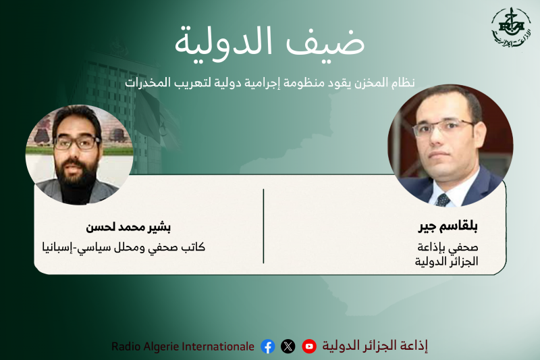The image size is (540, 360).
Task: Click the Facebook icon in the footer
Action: click(x=268, y=346)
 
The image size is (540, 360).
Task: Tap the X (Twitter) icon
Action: click(x=288, y=346)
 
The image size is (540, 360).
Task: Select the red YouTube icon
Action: click(x=309, y=346)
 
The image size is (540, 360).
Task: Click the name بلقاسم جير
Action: click(x=448, y=226)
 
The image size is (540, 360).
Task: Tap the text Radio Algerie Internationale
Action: click(x=183, y=346)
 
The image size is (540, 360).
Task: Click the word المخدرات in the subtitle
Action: click(x=148, y=82)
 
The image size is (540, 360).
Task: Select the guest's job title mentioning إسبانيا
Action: click(x=124, y=247)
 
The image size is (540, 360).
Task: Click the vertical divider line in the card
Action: click(x=263, y=226)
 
